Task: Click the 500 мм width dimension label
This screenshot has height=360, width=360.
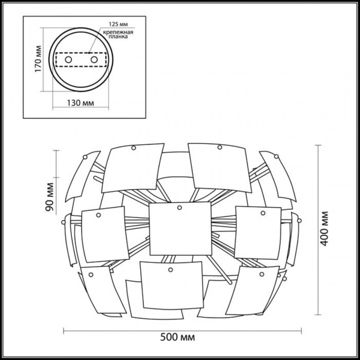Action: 177,337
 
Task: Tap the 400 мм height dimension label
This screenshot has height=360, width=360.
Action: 324,229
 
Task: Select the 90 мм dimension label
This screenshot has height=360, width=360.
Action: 49,197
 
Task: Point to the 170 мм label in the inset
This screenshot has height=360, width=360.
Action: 39,59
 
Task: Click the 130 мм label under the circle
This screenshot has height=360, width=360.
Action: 80,103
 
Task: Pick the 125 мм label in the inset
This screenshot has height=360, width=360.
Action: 118,24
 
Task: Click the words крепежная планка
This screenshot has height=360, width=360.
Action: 118,34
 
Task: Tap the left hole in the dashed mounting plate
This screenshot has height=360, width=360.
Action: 68,60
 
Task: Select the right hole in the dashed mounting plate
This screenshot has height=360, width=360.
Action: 94,60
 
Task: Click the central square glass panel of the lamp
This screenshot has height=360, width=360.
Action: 180,229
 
